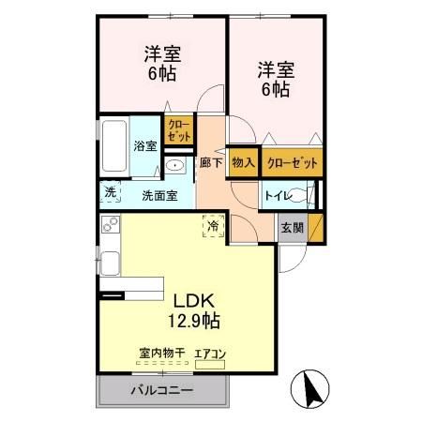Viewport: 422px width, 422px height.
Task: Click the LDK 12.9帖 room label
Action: point(195,310)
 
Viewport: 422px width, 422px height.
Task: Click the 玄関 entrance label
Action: point(291,227)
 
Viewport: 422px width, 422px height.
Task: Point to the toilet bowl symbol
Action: point(298,196)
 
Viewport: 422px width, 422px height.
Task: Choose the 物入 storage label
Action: point(243,162)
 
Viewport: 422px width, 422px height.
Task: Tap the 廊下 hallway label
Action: point(211,162)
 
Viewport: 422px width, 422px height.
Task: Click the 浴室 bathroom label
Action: point(144,145)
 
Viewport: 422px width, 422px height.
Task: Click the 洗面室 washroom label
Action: point(160,196)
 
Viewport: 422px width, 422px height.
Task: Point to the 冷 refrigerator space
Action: point(213,226)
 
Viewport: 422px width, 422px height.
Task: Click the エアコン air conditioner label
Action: point(210,354)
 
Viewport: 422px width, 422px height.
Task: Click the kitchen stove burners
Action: point(110,225)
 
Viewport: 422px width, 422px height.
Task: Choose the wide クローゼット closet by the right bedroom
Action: point(292,162)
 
